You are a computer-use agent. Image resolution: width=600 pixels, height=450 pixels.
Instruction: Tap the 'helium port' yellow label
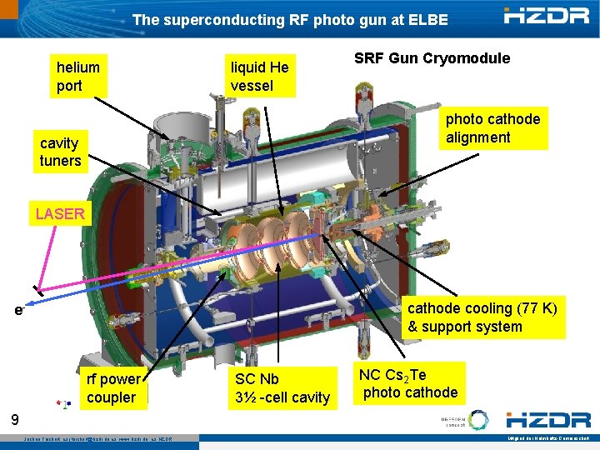[78, 76]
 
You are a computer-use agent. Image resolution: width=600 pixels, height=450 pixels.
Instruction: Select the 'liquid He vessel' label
[260, 76]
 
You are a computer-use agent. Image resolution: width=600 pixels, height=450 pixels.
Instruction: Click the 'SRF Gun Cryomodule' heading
[432, 58]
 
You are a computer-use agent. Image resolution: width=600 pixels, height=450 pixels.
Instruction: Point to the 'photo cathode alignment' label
[492, 127]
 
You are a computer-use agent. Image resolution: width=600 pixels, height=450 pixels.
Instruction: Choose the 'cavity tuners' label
[60, 152]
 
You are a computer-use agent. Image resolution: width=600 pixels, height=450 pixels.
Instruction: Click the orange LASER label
[60, 213]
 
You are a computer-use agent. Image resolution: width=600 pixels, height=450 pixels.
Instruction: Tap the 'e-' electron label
[18, 310]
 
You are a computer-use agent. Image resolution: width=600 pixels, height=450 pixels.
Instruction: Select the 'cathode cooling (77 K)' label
[482, 317]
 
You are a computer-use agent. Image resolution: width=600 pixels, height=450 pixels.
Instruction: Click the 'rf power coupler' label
[112, 388]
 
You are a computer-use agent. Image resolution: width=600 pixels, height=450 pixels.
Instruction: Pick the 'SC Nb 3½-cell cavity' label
[282, 388]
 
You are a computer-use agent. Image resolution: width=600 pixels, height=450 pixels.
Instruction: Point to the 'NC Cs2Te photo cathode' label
[408, 383]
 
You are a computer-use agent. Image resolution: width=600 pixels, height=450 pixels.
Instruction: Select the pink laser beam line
[42, 255]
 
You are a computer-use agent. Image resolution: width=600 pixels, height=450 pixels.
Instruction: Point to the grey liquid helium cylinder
[275, 167]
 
